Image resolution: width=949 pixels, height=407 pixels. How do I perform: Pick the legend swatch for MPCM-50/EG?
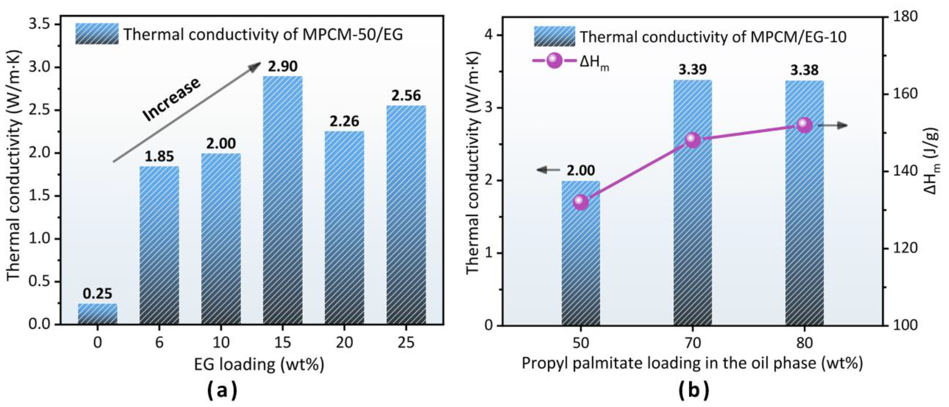pos(97,34)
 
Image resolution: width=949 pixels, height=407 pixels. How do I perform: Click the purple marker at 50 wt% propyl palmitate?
pos(581,202)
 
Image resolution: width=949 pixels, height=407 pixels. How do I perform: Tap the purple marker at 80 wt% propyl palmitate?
pos(805,125)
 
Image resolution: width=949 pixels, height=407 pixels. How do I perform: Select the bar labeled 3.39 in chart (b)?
pos(693,203)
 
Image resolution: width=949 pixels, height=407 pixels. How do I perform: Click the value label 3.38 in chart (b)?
pos(804,70)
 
